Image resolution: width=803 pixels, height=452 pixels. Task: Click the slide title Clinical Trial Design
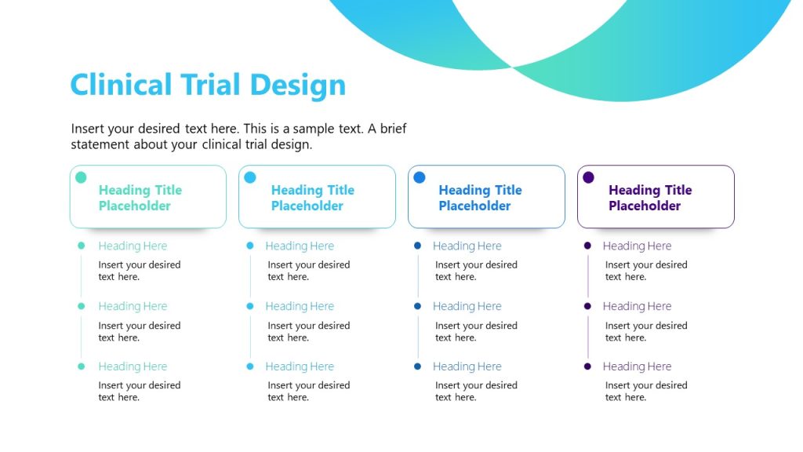(208, 85)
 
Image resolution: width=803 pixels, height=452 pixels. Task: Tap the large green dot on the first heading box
(81, 177)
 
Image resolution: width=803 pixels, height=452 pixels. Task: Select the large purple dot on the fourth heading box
(588, 177)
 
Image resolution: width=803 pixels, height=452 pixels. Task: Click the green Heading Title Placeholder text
(140, 198)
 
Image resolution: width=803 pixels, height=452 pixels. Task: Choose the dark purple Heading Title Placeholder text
(649, 198)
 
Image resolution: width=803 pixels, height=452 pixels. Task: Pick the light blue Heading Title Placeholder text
(312, 198)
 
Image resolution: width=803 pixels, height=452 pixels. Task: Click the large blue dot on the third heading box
(420, 177)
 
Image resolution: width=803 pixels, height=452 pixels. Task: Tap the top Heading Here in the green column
(133, 246)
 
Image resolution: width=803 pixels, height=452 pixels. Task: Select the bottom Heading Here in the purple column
(637, 366)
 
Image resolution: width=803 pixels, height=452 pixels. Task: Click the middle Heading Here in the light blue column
(300, 307)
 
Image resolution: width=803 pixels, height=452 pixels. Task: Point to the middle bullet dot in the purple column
(587, 306)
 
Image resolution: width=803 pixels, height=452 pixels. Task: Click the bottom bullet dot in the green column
(81, 366)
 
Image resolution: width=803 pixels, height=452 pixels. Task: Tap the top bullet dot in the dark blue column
(417, 246)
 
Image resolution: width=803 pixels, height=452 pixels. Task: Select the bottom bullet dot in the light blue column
(250, 366)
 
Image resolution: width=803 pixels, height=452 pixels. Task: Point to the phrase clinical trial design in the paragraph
(256, 144)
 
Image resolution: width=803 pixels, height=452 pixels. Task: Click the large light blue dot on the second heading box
(250, 177)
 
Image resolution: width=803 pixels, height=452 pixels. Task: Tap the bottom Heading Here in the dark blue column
(467, 366)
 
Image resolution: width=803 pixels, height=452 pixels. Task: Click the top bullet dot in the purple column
(587, 246)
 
